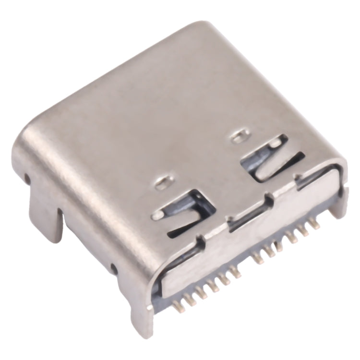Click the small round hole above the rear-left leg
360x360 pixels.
27,179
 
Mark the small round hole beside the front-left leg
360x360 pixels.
113,267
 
